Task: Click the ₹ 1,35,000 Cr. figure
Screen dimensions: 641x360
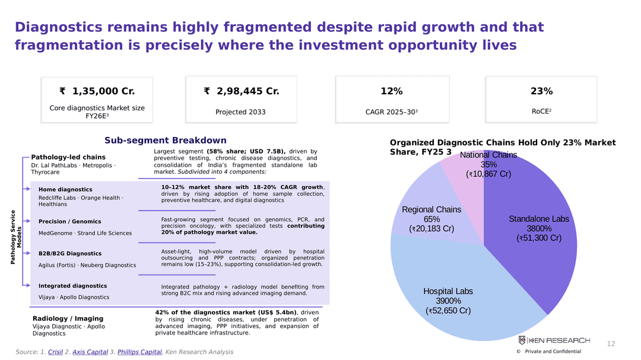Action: click(97, 91)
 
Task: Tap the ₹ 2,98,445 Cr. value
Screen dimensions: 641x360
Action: click(241, 91)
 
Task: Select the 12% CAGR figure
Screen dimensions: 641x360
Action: click(392, 91)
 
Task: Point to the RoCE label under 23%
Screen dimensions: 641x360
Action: click(541, 111)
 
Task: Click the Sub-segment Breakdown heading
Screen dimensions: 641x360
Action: click(165, 140)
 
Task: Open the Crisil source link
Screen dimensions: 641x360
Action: click(55, 352)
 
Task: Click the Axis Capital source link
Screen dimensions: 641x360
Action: click(90, 352)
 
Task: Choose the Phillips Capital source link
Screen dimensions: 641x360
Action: click(139, 352)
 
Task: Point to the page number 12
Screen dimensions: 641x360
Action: click(611, 343)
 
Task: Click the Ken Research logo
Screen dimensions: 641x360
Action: click(554, 340)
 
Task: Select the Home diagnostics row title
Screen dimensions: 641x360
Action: click(65, 190)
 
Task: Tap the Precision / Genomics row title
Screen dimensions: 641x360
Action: click(69, 221)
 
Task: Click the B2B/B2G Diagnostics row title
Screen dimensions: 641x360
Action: click(70, 253)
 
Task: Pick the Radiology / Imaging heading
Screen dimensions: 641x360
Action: click(68, 318)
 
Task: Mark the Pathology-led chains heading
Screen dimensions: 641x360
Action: click(68, 157)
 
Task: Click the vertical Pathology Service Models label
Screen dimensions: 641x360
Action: click(15, 237)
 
